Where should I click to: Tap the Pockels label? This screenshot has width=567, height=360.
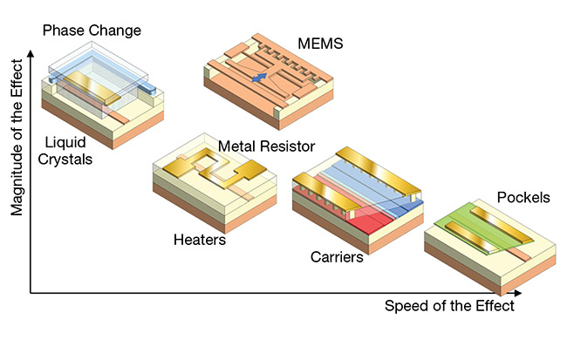pos(523,197)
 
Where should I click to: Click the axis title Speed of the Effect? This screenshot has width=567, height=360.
pos(449,306)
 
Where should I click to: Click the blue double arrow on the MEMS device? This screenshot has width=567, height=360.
pos(259,78)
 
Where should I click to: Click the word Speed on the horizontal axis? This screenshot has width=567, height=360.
pos(404,307)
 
